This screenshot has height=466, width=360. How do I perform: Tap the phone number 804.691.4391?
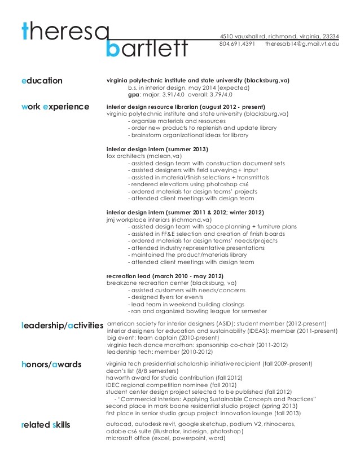(x=237, y=43)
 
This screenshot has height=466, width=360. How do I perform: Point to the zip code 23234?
(x=329, y=36)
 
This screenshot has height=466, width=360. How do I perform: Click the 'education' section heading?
(x=41, y=81)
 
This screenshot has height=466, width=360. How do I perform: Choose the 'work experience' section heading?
(x=54, y=105)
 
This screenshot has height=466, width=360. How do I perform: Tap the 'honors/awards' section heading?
(x=50, y=364)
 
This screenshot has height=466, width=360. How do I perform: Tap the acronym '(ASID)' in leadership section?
(x=205, y=323)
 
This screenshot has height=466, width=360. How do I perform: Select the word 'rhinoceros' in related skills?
(x=277, y=424)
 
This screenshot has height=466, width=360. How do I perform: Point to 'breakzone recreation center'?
(x=147, y=283)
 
